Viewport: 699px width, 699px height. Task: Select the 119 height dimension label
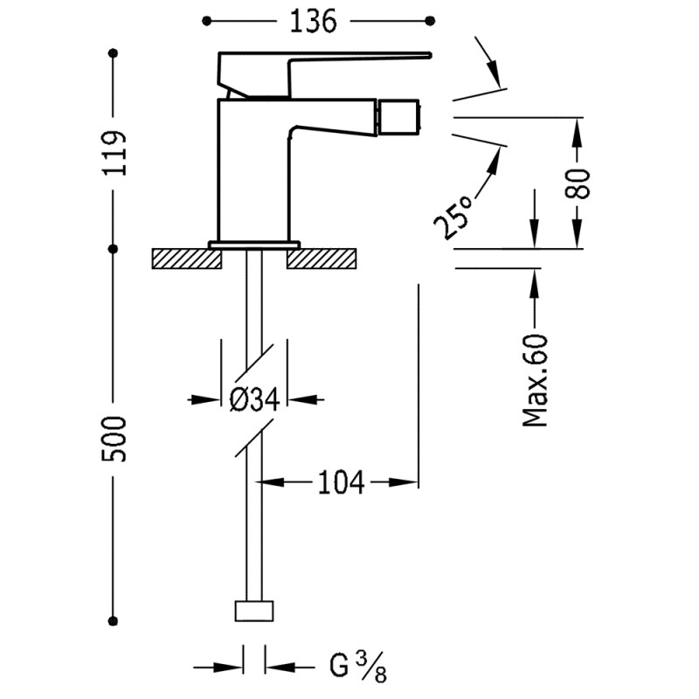(x=114, y=153)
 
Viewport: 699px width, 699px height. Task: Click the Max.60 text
(x=536, y=379)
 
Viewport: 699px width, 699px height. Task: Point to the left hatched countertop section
(x=180, y=259)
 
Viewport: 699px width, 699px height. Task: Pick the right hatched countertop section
(x=322, y=259)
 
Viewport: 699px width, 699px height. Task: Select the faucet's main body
(x=253, y=166)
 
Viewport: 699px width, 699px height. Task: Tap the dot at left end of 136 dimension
(x=206, y=20)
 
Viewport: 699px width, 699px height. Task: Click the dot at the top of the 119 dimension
(x=114, y=54)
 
